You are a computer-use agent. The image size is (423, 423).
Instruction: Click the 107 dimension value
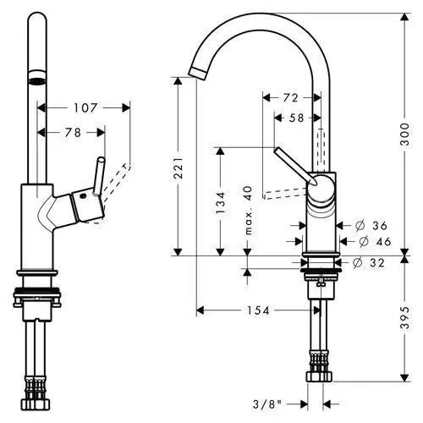(85, 107)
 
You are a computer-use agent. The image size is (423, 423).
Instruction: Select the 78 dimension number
(73, 132)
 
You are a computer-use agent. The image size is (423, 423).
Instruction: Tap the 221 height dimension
(179, 168)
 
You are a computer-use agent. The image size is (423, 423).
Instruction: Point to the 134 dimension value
(221, 202)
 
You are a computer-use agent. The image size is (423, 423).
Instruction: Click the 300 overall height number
(404, 134)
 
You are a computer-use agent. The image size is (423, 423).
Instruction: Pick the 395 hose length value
(404, 318)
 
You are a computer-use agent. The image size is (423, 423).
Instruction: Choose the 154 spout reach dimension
(258, 310)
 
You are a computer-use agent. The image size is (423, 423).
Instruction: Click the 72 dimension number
(290, 98)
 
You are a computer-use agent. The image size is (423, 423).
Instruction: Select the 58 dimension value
(296, 118)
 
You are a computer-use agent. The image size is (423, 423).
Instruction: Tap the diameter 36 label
(371, 225)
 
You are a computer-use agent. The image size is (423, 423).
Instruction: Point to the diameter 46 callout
(375, 241)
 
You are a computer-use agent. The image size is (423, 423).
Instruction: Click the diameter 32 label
(369, 263)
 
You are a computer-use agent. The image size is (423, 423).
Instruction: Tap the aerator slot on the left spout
(37, 81)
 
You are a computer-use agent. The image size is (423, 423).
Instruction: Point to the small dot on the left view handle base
(82, 197)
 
